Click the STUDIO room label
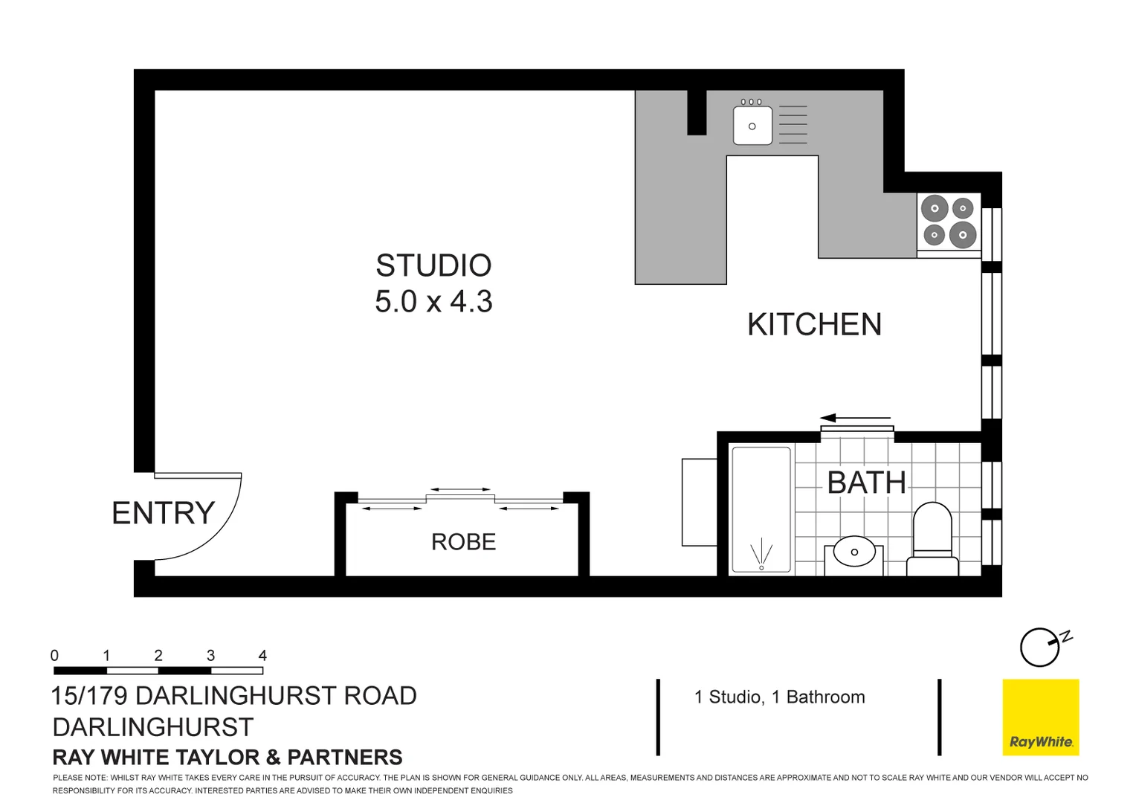click(433, 265)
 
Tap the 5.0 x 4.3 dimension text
click(433, 302)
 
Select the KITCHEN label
click(814, 325)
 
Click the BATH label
click(866, 483)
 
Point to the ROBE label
click(463, 542)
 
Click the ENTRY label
click(163, 513)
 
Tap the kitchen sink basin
click(752, 126)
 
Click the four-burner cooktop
click(949, 222)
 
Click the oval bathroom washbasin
click(854, 552)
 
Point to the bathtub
click(761, 509)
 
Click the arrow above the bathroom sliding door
click(855, 418)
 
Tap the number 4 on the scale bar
click(262, 655)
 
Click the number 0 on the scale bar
click(54, 655)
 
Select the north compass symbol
click(1041, 647)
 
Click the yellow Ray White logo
click(1040, 717)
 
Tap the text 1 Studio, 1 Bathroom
click(779, 697)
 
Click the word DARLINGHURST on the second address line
click(153, 727)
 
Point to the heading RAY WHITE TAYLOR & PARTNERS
click(227, 758)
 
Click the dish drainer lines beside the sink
click(793, 124)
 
